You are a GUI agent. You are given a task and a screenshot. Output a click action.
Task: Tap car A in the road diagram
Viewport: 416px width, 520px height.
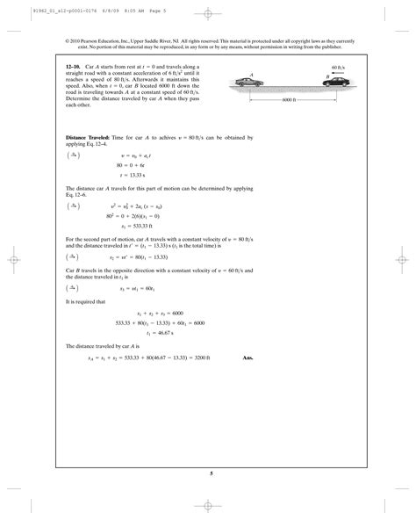coord(253,83)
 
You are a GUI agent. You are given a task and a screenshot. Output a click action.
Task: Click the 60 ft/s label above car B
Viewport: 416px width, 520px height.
coord(339,67)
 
